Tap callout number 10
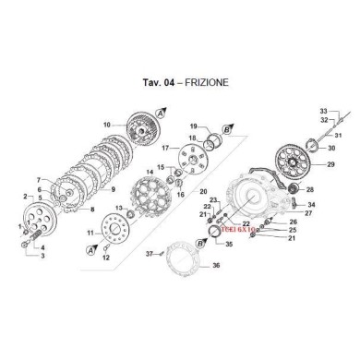(x=106, y=124)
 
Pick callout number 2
(x=23, y=197)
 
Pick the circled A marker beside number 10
(x=161, y=111)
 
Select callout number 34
(x=311, y=205)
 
